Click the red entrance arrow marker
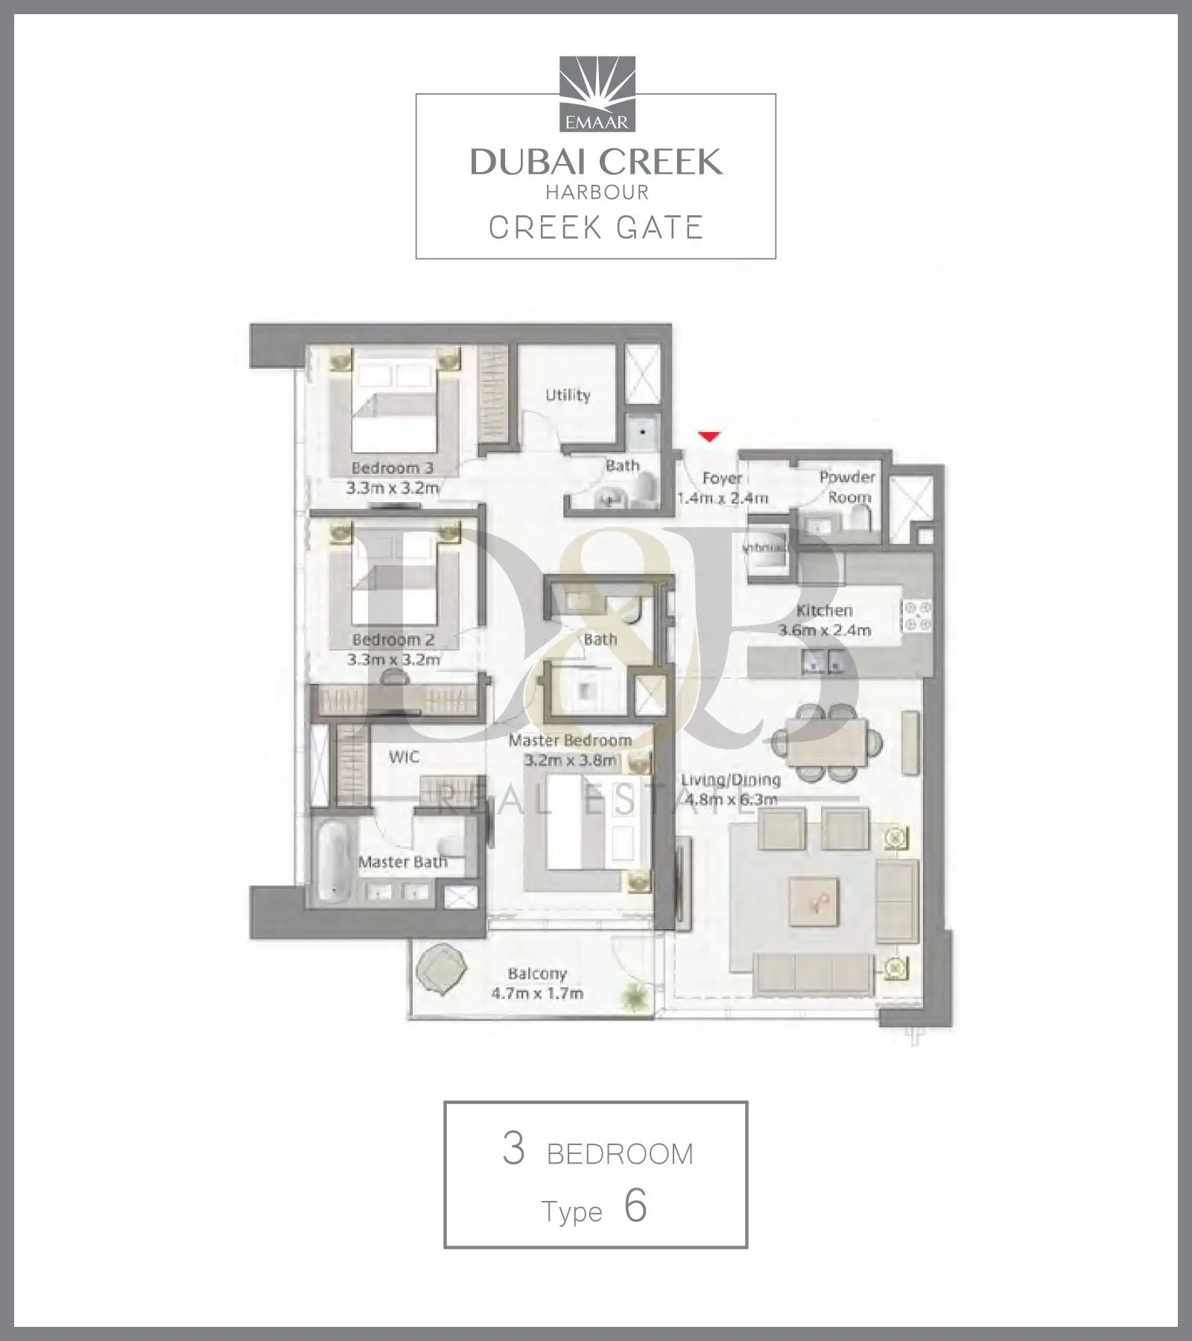click(x=709, y=437)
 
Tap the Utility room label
click(x=568, y=395)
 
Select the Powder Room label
click(x=848, y=486)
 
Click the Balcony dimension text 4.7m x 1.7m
click(x=537, y=993)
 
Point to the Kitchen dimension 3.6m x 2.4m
click(x=825, y=630)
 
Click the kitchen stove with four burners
click(x=917, y=616)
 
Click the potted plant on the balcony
click(x=635, y=995)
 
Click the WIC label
click(x=404, y=757)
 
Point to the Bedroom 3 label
click(x=393, y=468)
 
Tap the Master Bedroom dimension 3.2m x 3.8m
click(x=571, y=761)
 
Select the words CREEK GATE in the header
click(x=596, y=227)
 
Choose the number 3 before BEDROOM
click(x=514, y=1149)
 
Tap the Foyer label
click(x=722, y=478)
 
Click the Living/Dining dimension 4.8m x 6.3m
click(x=731, y=799)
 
